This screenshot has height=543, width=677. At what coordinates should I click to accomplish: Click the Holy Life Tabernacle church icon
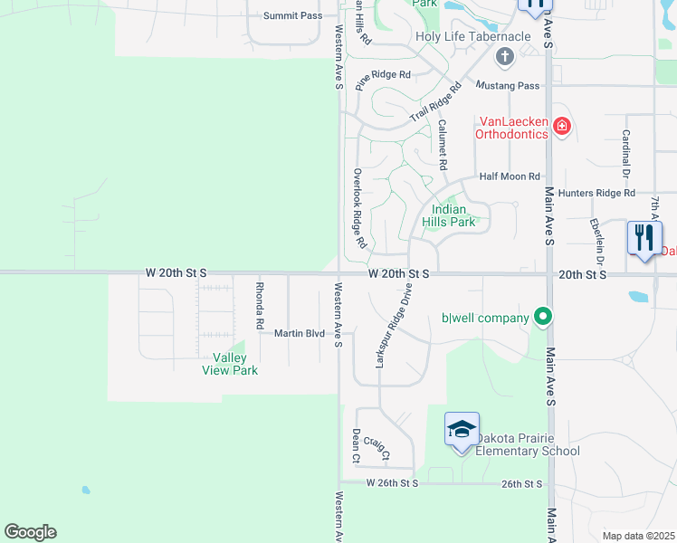(505, 57)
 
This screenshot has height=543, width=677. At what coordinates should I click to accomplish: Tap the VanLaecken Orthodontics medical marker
(561, 126)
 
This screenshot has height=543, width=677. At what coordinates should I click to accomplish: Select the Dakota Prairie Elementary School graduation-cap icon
(461, 429)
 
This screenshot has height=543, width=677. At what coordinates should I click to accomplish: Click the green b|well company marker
(542, 317)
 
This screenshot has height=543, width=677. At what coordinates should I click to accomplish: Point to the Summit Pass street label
(292, 16)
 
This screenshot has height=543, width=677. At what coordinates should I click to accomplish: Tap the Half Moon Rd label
(510, 176)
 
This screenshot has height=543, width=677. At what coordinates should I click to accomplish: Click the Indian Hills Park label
(448, 215)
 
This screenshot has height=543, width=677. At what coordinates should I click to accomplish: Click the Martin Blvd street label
(300, 333)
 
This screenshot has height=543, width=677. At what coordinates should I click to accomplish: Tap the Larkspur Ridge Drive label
(393, 326)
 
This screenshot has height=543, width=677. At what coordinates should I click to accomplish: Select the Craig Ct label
(376, 450)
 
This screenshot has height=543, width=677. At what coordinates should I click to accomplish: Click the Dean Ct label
(356, 446)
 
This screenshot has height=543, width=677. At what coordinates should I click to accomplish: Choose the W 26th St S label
(393, 483)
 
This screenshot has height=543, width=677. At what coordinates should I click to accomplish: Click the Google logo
(30, 532)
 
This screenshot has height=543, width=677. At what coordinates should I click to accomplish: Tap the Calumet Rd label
(443, 146)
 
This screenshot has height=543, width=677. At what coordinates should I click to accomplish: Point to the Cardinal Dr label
(625, 151)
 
